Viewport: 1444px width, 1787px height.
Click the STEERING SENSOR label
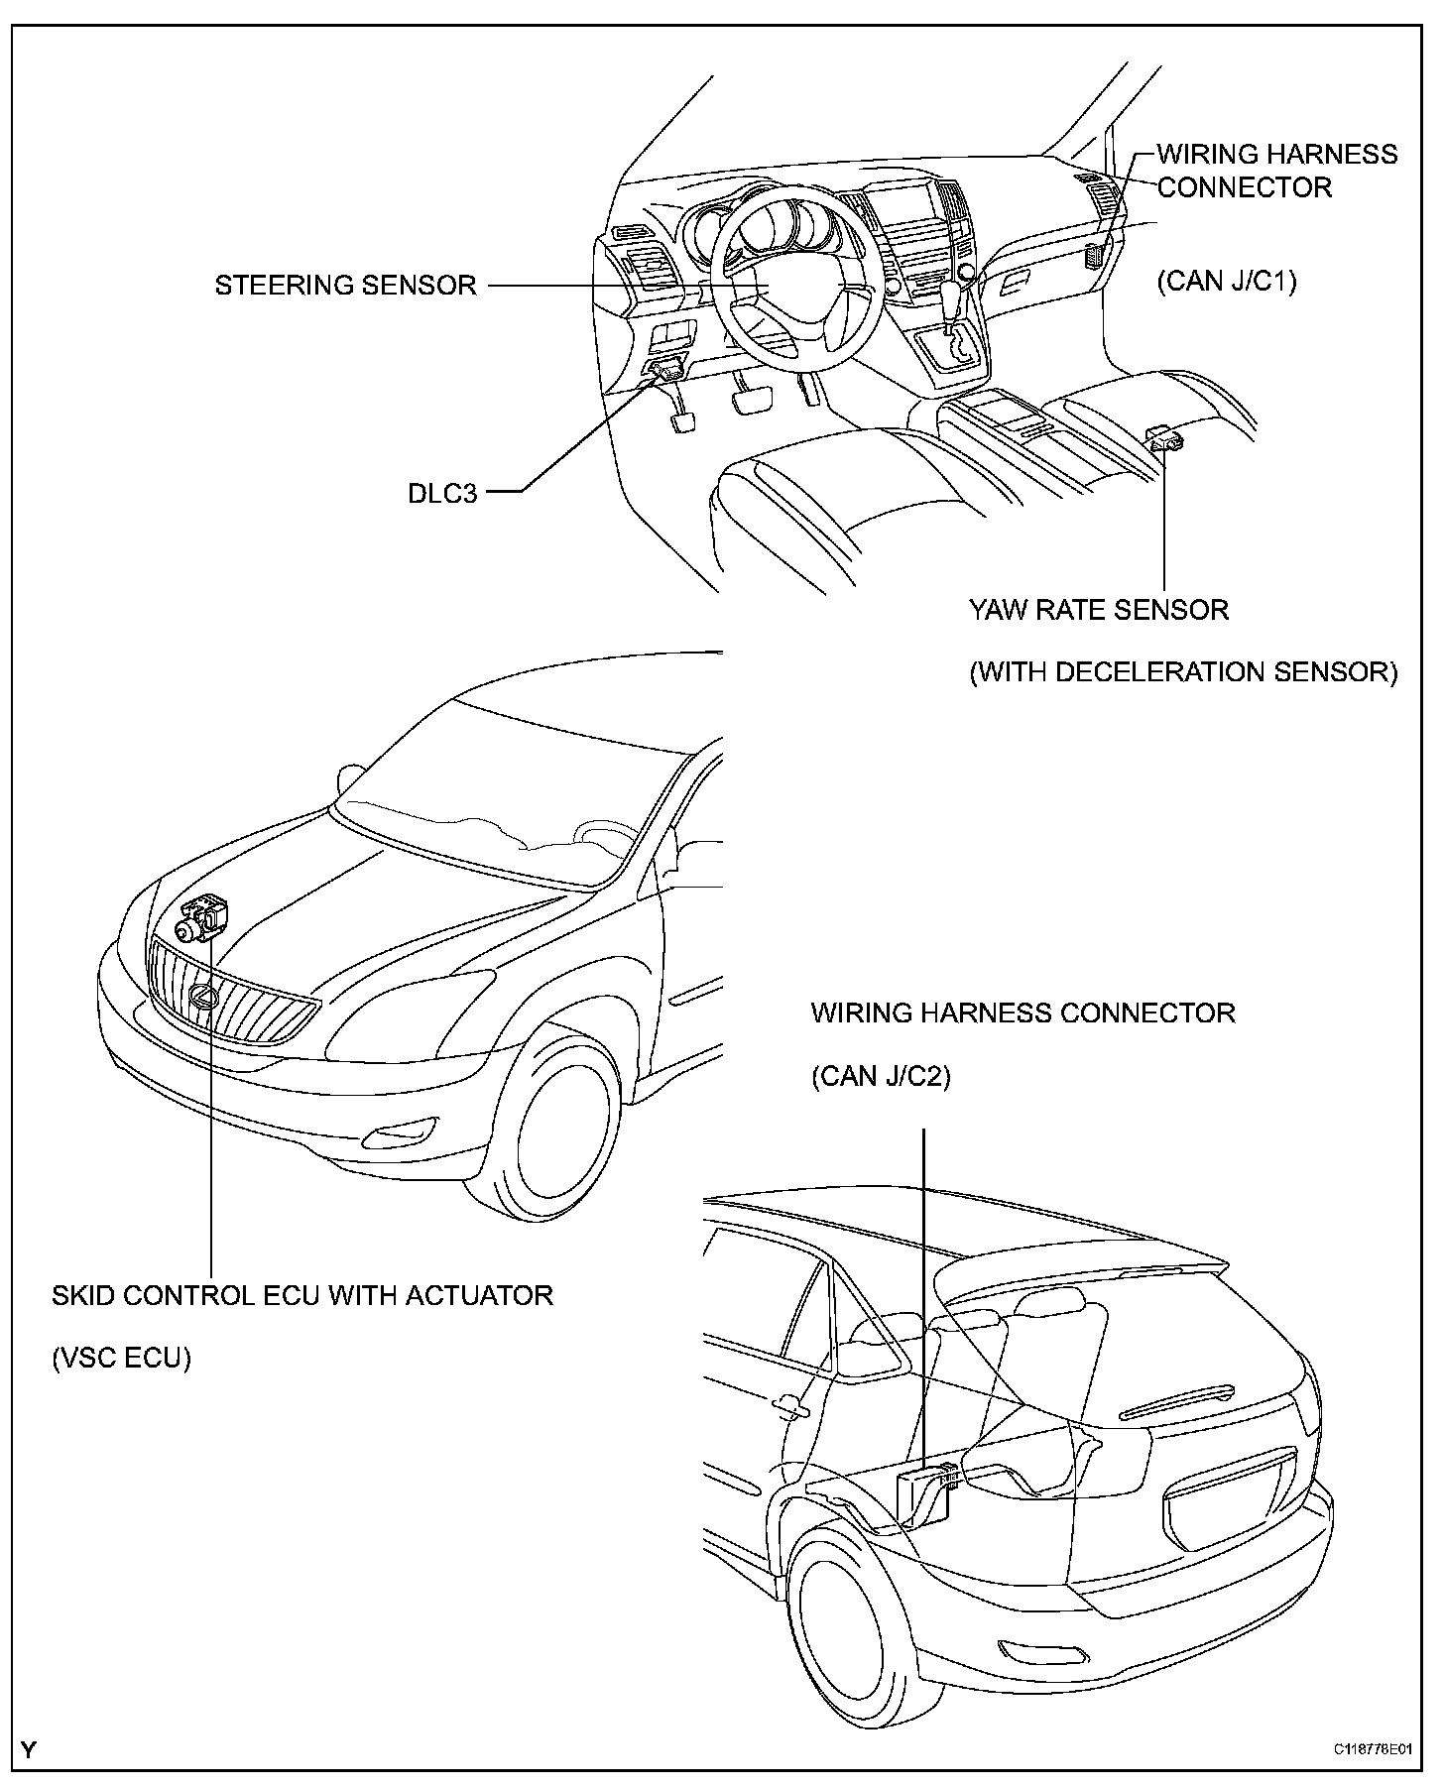point(346,286)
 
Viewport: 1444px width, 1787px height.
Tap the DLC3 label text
point(442,493)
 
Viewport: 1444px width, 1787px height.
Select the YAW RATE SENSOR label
point(1099,609)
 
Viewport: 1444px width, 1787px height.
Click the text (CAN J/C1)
point(1227,282)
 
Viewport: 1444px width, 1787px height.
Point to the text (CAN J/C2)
point(881,1076)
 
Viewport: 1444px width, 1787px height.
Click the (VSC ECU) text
point(121,1358)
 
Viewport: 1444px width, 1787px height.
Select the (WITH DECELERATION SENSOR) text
point(1183,672)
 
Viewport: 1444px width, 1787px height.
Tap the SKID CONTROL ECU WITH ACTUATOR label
point(302,1295)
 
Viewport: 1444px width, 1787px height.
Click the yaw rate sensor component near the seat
point(1164,437)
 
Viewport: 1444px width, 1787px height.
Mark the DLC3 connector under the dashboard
point(665,371)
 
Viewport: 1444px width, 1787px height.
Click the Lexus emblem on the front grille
point(203,999)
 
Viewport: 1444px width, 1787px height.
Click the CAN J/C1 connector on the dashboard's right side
point(1095,255)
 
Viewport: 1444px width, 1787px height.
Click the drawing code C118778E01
point(1373,1750)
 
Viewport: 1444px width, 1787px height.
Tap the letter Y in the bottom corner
point(29,1749)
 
